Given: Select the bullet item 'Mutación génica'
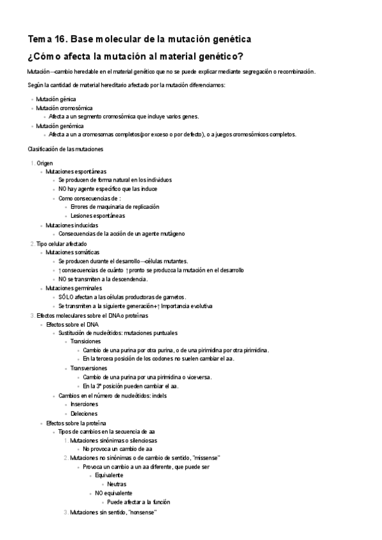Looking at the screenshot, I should click(56, 99).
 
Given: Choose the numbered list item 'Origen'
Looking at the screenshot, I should click(45, 163).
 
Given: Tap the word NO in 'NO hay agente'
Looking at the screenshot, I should click(62, 189).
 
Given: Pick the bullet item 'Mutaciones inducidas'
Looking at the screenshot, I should click(71, 225).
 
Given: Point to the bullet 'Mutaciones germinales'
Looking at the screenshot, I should click(73, 288).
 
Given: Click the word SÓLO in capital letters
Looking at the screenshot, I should click(66, 297).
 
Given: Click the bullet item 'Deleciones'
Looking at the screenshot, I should click(84, 413).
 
